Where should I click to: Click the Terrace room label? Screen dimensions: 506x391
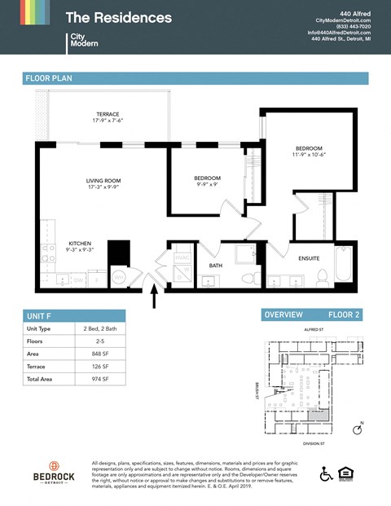[108, 114]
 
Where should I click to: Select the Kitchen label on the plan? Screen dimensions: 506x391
[79, 244]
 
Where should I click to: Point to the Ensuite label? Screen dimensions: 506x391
[308, 258]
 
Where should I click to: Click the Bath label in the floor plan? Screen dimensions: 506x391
[215, 265]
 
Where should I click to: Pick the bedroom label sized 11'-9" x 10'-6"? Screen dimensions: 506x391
[310, 149]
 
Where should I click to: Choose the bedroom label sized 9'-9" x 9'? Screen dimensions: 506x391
[207, 178]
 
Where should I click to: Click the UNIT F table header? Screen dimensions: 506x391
[40, 315]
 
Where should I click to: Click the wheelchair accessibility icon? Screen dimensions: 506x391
[326, 473]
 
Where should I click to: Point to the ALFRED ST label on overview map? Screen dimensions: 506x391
[314, 330]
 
